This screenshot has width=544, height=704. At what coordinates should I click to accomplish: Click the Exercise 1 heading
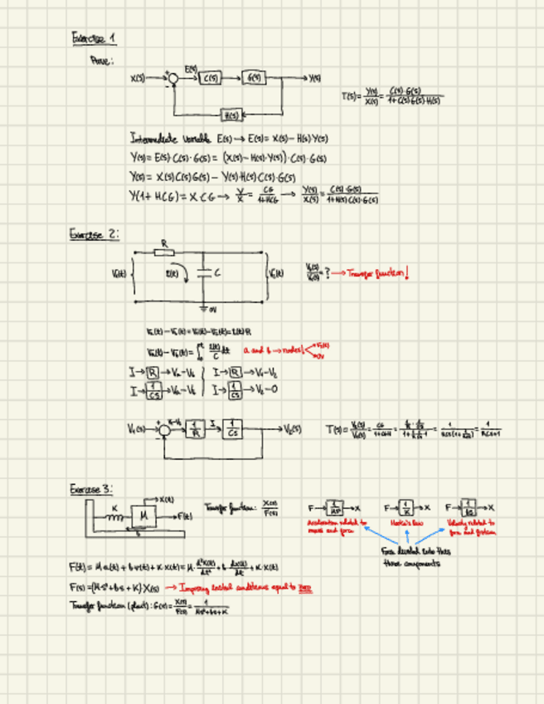click(x=94, y=38)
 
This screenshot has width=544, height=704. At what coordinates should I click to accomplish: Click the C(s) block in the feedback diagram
click(x=211, y=79)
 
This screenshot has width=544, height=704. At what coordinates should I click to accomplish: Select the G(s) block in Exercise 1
click(x=254, y=79)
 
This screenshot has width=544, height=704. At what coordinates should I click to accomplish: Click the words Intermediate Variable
click(x=172, y=137)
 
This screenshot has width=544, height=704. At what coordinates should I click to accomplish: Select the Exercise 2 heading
click(x=94, y=235)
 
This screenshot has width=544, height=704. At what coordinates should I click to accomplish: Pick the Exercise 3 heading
click(x=91, y=490)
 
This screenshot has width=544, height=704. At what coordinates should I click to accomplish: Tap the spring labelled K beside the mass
click(x=114, y=517)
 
